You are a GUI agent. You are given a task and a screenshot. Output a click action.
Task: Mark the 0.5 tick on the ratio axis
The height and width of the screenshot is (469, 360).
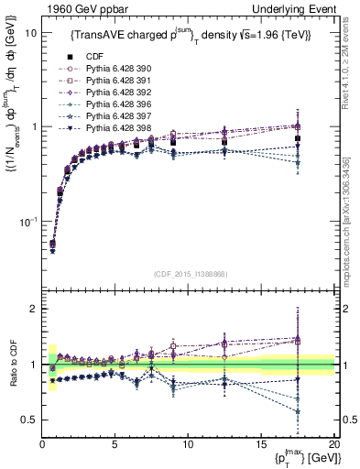coord(31,420)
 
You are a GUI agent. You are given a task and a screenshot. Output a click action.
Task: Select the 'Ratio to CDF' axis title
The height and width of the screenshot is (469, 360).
coord(11,365)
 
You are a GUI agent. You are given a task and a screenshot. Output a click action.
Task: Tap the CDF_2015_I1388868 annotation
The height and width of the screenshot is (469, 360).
coord(190,273)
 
